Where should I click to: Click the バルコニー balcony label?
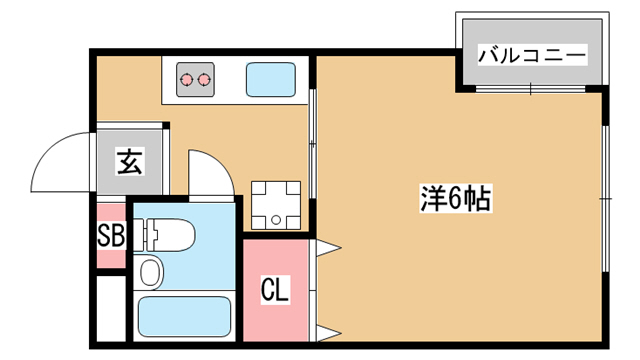coord(532,55)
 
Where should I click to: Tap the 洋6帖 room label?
coord(456,198)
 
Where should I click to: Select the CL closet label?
coord(275,289)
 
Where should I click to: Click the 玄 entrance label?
coord(130,162)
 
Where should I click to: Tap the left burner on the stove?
coord(186,79)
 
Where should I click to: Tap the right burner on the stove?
coord(203,79)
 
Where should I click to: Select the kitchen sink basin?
coord(271,79)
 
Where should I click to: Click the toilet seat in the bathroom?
coord(171,235)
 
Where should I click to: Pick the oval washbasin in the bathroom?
coord(149,272)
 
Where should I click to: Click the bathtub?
coord(184,316)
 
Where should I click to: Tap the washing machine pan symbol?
coord(276,205)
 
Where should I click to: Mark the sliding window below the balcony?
coord(531,89)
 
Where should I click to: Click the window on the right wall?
coord(606,199)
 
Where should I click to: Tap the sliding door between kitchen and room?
coord(312,144)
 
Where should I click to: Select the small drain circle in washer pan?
coord(276,220)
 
